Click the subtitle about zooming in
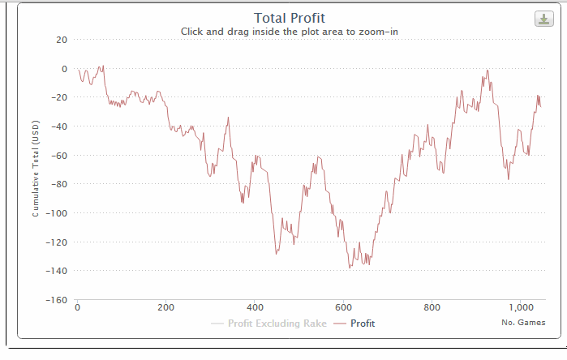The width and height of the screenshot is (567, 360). click(x=289, y=32)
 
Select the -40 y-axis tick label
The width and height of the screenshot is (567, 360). click(x=59, y=126)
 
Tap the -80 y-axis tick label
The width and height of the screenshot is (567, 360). click(x=59, y=184)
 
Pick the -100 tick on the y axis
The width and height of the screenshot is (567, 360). click(x=57, y=213)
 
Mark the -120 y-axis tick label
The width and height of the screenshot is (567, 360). click(x=57, y=242)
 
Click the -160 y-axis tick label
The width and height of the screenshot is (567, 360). click(x=57, y=300)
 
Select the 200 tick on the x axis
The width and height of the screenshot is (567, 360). click(x=165, y=307)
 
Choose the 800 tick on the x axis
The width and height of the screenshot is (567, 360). click(x=432, y=307)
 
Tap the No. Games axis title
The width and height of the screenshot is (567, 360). click(x=523, y=323)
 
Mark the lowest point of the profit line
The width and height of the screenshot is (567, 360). click(x=350, y=268)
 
